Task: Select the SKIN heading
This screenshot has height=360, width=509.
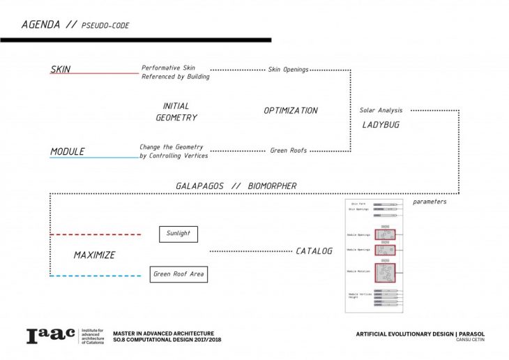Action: coord(61,69)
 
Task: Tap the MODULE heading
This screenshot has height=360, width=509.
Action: coord(67,151)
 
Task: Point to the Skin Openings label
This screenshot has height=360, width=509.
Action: coord(288,70)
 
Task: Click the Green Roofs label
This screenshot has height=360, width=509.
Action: coord(289,150)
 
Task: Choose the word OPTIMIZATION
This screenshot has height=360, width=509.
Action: coord(290,110)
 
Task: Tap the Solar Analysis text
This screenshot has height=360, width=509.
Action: coord(381,110)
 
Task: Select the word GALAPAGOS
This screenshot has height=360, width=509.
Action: coord(201,186)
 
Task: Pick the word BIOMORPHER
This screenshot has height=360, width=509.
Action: coord(271,186)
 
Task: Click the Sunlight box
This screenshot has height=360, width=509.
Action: coord(178,234)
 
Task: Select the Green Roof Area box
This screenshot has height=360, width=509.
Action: coord(178,274)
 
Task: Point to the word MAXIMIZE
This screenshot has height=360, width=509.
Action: coord(94,255)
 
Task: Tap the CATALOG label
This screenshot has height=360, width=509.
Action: coord(314,250)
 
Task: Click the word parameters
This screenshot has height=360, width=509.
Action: coord(430,202)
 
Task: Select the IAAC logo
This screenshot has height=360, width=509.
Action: coord(51,336)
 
